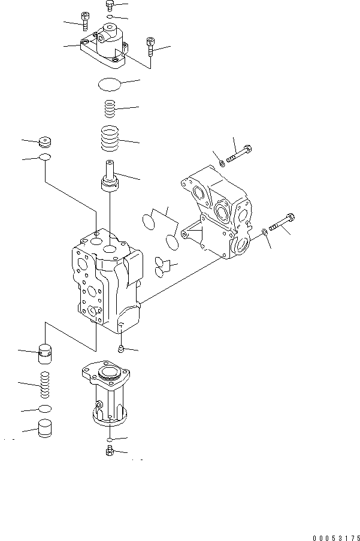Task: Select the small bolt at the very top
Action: (x=109, y=6)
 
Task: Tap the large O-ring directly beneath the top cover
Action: (x=111, y=84)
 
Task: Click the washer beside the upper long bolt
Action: (x=222, y=162)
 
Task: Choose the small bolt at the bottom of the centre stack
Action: (x=110, y=451)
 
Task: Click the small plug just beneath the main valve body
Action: (x=121, y=348)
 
